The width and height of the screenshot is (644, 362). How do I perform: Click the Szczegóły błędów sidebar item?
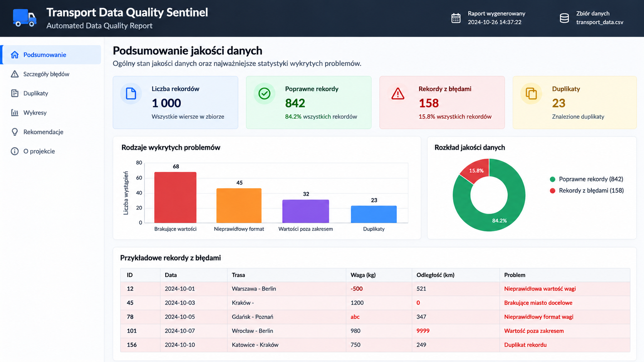pos(46,74)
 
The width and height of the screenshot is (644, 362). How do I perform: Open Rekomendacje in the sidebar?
pos(43,132)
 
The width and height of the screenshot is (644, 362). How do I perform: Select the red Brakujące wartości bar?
pos(175,197)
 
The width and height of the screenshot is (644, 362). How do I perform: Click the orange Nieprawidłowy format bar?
pos(239,205)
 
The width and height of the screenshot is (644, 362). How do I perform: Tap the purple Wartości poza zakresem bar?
pos(305,211)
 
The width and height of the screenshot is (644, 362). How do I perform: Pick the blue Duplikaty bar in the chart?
pos(374,214)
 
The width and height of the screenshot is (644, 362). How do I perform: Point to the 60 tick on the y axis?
pos(139,178)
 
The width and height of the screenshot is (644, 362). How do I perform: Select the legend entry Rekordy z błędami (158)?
pos(587,190)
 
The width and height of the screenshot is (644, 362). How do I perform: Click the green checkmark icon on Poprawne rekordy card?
pos(264,93)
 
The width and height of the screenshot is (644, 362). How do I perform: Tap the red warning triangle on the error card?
pos(398,93)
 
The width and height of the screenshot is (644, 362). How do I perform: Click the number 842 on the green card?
pos(295,103)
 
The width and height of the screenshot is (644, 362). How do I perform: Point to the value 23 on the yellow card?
pos(558,103)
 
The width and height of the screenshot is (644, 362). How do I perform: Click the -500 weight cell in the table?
pos(357,289)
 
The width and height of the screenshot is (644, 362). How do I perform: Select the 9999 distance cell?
pos(423,331)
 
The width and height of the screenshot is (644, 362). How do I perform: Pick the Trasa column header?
pos(238,275)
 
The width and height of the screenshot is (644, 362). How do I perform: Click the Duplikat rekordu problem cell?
pos(525,345)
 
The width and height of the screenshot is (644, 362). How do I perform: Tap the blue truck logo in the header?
pos(25,18)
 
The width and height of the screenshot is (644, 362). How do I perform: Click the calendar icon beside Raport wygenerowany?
pos(456,18)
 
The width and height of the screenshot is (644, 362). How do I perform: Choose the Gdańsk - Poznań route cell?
pos(252,317)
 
